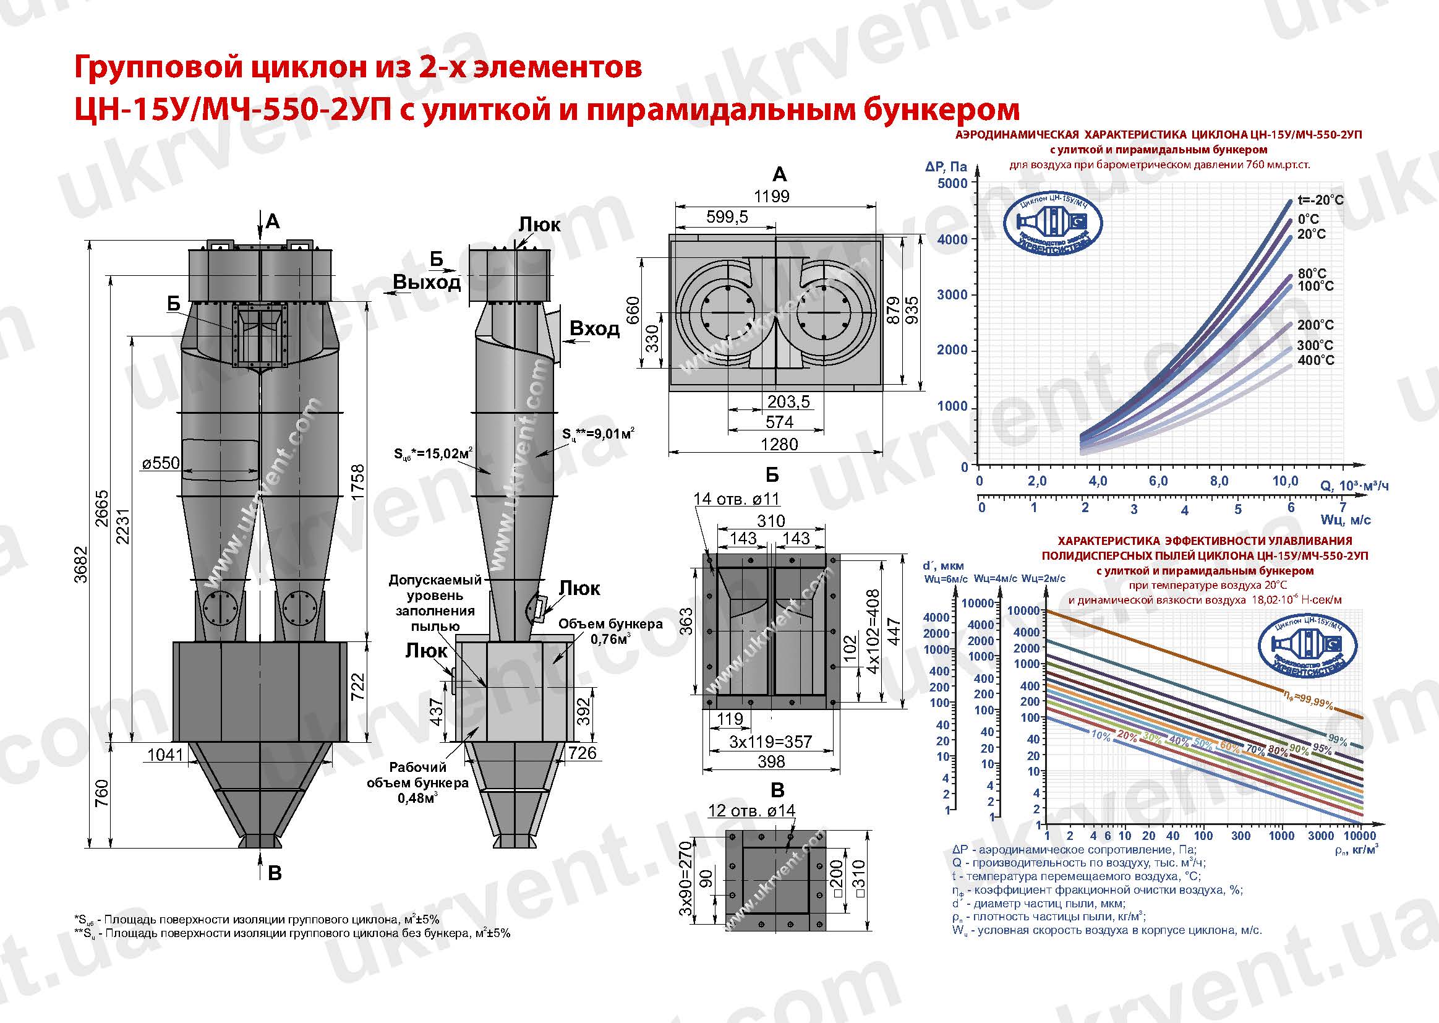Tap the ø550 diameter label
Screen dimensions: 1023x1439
click(x=161, y=464)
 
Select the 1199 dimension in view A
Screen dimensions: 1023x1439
click(x=772, y=196)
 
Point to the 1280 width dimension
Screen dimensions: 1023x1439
click(x=779, y=444)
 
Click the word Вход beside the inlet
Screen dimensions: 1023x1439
click(x=594, y=328)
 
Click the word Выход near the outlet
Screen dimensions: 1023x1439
click(x=426, y=282)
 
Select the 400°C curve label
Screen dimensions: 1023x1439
click(x=1315, y=361)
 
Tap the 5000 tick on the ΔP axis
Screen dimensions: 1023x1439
click(x=952, y=183)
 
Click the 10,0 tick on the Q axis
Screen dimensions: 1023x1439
click(x=1286, y=481)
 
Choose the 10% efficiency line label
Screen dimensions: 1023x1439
click(x=1101, y=735)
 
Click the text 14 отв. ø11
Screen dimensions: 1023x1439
click(x=736, y=499)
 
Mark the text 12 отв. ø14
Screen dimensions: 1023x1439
click(x=751, y=810)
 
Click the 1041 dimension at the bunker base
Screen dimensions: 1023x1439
click(x=165, y=754)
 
